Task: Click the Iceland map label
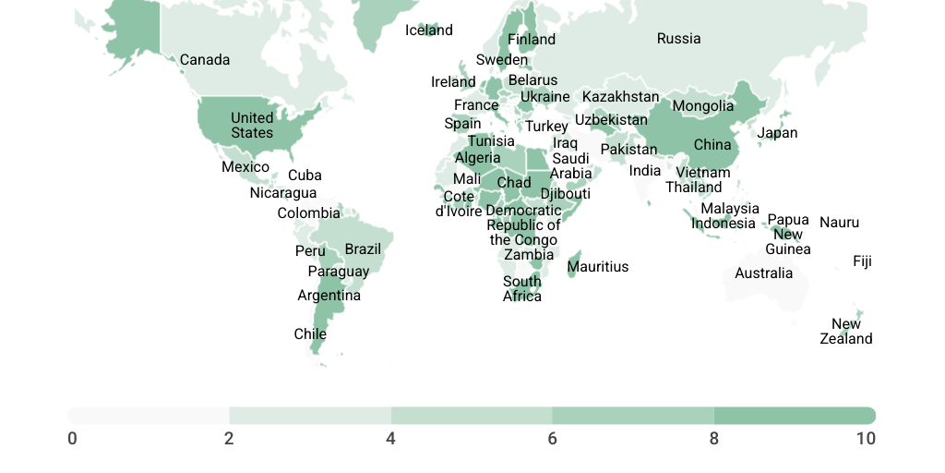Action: click(429, 30)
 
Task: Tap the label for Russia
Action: click(678, 39)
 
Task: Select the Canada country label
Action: click(205, 60)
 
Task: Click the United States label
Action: click(252, 125)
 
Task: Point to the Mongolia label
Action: click(702, 106)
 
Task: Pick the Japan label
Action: click(777, 133)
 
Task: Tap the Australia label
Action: click(763, 273)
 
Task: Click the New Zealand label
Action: click(846, 332)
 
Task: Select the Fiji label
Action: click(862, 261)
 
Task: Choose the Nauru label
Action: click(839, 223)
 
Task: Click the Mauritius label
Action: click(598, 267)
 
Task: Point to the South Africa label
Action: click(522, 289)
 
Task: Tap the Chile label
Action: click(310, 334)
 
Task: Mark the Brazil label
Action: click(363, 249)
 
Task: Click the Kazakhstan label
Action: click(620, 97)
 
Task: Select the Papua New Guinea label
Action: click(788, 235)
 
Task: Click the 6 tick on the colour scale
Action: click(552, 438)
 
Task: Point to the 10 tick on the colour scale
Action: click(865, 438)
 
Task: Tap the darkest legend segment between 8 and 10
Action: click(795, 416)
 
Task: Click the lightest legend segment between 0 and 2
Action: click(149, 416)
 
